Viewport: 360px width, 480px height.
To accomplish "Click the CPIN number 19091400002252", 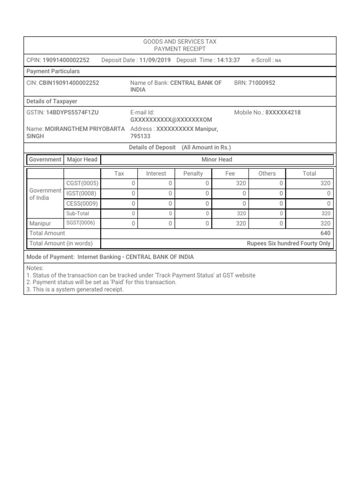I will coord(66,60).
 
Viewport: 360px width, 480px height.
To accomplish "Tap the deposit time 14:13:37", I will coord(229,60).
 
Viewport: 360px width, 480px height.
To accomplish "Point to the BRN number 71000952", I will coord(262,82).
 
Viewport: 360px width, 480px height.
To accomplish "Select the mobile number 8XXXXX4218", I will coord(283,112).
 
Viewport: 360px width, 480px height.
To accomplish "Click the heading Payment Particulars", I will coord(53,71).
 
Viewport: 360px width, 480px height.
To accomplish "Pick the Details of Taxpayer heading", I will coord(52,101).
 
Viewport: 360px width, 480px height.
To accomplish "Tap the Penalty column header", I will coord(193,173).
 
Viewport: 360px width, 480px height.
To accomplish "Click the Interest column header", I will coord(156,173).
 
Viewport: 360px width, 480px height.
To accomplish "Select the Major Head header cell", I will coord(82,159).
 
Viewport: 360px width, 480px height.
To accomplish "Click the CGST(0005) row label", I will coord(82,183).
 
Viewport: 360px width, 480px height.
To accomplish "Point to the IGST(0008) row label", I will coord(82,193).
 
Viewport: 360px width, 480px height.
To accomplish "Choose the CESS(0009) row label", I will coord(82,203).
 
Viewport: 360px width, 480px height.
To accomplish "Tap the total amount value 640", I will coord(325,233).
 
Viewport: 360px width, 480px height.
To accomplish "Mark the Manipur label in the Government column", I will coord(39,224).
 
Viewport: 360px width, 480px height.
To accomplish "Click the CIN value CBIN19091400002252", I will coord(69,82).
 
